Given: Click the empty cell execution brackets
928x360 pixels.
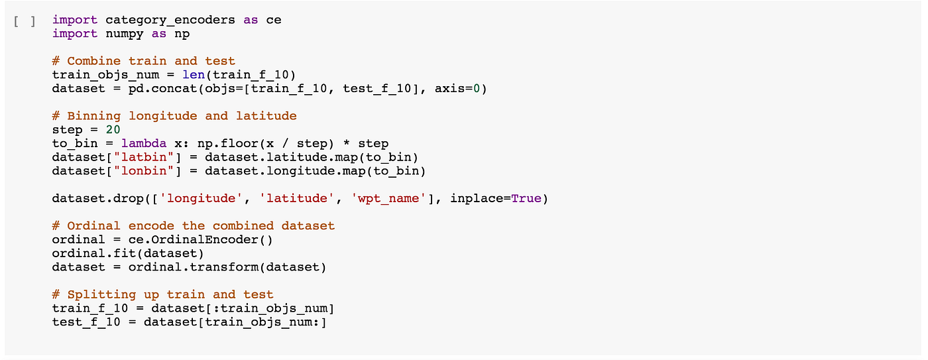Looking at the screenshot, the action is (x=25, y=20).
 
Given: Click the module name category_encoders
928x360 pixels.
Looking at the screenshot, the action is (x=170, y=20).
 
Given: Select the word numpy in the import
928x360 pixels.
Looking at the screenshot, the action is (x=125, y=34).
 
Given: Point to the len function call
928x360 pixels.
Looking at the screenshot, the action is (x=194, y=75).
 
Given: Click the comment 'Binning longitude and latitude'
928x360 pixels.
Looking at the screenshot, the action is (x=174, y=116).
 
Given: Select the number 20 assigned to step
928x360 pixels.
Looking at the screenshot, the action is (x=113, y=130).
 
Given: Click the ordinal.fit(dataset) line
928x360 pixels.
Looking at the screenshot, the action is (x=128, y=253).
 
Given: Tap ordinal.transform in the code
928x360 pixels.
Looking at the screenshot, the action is (x=186, y=267).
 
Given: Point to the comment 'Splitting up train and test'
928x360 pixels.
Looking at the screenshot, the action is (x=163, y=294).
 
